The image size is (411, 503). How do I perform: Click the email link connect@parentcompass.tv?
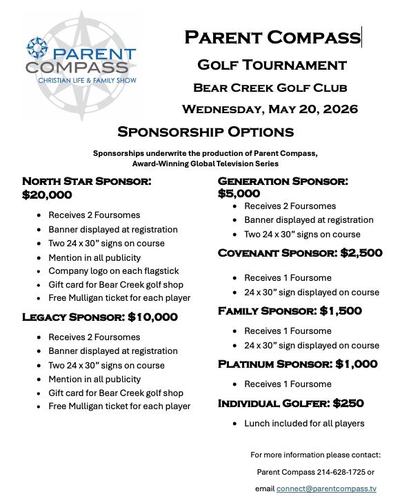pyautogui.click(x=326, y=489)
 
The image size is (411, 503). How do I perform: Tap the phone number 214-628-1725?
pyautogui.click(x=338, y=472)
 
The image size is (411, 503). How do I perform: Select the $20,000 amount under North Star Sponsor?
pyautogui.click(x=47, y=195)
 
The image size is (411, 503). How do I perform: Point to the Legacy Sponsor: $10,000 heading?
pyautogui.click(x=100, y=317)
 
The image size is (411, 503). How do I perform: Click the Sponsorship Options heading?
pyautogui.click(x=205, y=132)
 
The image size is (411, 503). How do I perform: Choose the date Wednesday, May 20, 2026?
pyautogui.click(x=270, y=109)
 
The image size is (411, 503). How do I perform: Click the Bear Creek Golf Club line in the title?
pyautogui.click(x=270, y=88)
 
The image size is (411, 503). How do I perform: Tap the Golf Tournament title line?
pyautogui.click(x=272, y=65)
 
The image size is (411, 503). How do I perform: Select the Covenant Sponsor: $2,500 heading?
pyautogui.click(x=300, y=253)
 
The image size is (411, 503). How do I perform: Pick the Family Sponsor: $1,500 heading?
pyautogui.click(x=290, y=311)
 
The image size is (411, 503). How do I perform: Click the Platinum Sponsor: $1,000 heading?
pyautogui.click(x=298, y=364)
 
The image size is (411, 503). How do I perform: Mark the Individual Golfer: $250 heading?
pyautogui.click(x=291, y=403)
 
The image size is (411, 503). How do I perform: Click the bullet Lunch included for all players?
pyautogui.click(x=304, y=423)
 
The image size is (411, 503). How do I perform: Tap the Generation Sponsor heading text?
pyautogui.click(x=283, y=181)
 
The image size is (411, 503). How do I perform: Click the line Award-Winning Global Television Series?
pyautogui.click(x=205, y=164)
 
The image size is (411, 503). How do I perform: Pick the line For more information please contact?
pyautogui.click(x=315, y=455)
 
